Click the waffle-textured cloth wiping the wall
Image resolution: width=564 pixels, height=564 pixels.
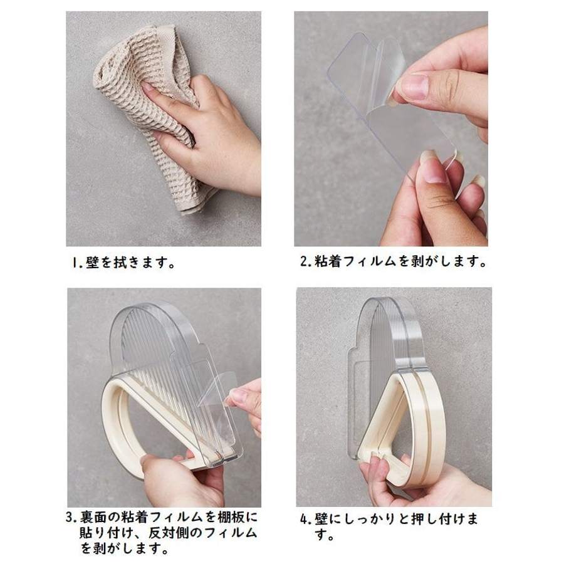[144, 108]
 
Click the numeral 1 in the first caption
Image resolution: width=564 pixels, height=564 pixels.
[75, 263]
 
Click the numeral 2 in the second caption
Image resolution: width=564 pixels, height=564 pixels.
[305, 261]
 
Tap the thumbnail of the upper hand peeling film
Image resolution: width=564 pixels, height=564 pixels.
[414, 87]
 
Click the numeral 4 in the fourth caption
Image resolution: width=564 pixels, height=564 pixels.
[305, 519]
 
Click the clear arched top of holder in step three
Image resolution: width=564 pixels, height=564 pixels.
[155, 324]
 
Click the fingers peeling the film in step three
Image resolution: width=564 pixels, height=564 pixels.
[244, 399]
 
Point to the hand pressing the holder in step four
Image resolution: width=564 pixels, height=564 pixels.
[424, 482]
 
